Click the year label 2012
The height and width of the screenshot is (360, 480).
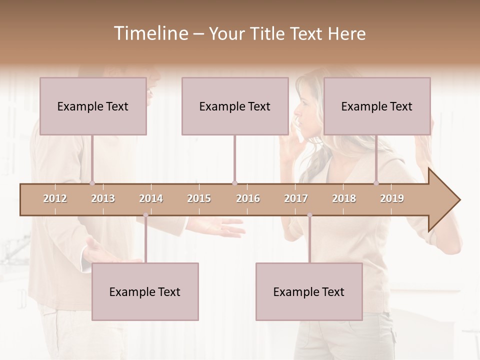coord(55,198)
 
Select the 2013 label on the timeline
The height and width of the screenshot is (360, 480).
coord(103,198)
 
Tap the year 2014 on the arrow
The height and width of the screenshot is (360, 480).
coord(151,198)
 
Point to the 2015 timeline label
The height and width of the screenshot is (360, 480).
coord(199,198)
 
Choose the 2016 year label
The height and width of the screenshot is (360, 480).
coord(248,198)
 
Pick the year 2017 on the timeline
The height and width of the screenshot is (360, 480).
coord(296,198)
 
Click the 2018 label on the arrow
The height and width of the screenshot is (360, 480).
coord(344,198)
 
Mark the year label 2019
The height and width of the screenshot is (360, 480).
coord(392,198)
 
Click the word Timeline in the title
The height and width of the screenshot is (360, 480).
coord(150,33)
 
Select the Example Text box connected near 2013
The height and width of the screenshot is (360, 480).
coord(93,106)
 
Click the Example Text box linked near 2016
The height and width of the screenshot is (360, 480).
coord(235,106)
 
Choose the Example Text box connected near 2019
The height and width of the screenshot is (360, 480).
coord(377,106)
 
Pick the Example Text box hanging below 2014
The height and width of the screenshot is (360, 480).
coord(145,291)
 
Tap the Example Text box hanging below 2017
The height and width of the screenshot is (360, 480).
coord(309,291)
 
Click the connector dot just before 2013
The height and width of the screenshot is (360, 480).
coord(92,183)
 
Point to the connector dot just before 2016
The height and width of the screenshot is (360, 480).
coord(234,183)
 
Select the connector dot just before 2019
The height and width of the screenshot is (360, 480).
coord(376,183)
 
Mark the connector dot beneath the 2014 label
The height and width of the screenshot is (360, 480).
coord(145,215)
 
